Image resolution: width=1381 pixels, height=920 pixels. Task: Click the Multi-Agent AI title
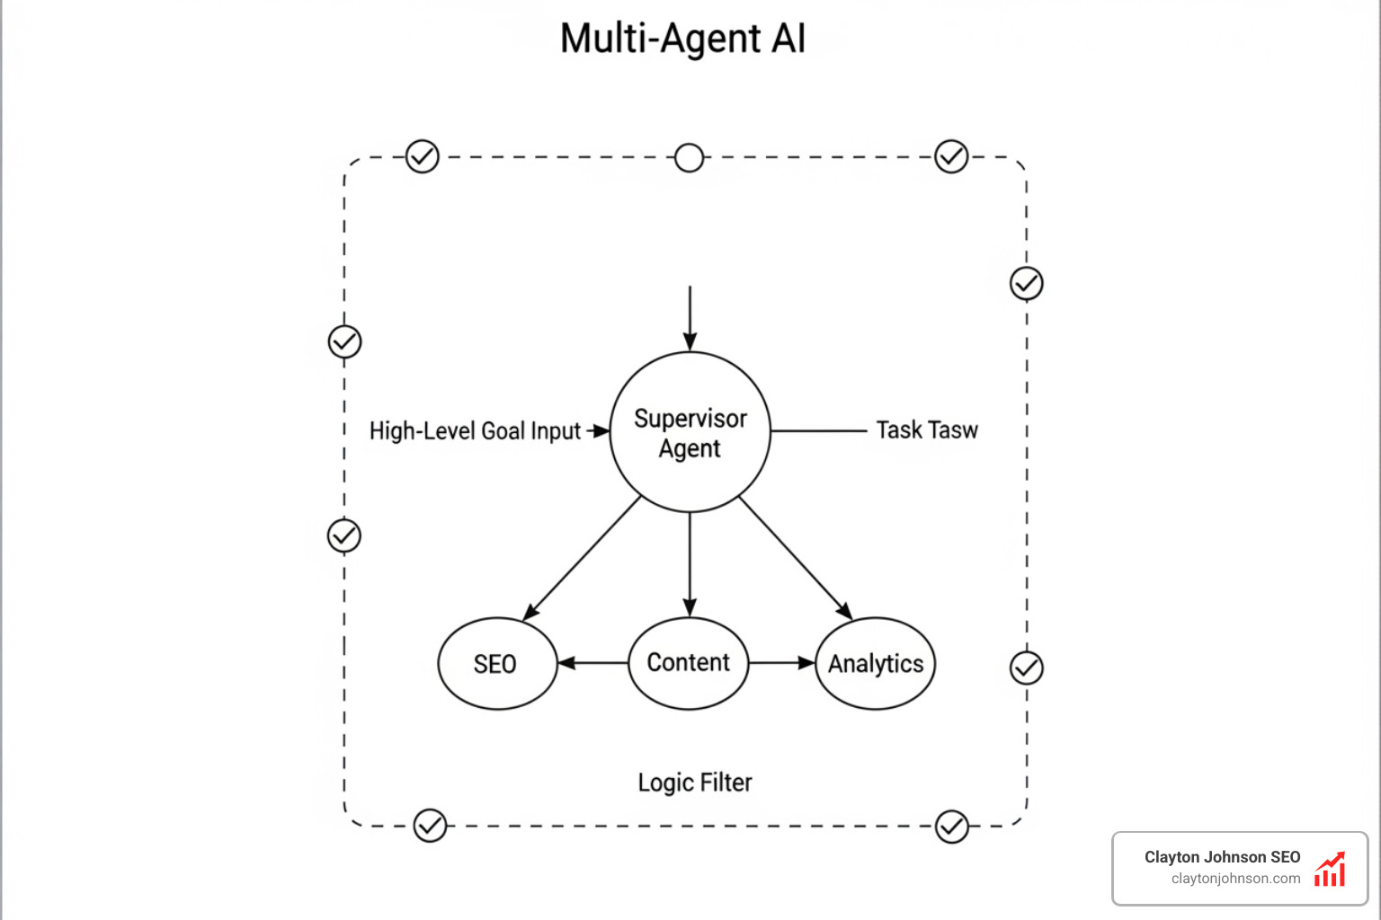pos(682,39)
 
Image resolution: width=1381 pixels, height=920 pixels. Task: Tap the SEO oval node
pos(496,664)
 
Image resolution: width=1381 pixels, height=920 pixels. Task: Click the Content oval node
pos(689,663)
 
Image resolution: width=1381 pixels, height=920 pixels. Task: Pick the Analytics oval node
pos(876,664)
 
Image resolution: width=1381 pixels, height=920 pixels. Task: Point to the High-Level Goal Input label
pos(475,431)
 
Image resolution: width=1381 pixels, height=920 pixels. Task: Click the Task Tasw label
pos(926,430)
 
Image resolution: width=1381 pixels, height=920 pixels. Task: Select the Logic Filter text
pos(694,783)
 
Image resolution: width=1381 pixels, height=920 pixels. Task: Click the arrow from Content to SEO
pos(593,663)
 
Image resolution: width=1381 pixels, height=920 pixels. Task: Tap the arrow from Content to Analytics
pos(780,663)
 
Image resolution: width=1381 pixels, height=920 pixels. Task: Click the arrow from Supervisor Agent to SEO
pos(583,557)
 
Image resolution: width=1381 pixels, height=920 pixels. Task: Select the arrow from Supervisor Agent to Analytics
pos(795,557)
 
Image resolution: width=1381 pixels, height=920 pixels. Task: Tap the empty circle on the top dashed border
pos(689,157)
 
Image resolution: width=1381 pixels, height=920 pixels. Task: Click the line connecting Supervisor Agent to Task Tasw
pos(818,431)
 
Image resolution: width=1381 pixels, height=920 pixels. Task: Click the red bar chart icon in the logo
pos(1329,870)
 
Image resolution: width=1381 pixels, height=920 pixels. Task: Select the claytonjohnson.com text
pos(1235,879)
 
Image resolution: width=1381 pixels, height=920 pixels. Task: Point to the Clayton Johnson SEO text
pos(1222,857)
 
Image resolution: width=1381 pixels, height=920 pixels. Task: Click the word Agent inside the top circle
pos(690,448)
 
